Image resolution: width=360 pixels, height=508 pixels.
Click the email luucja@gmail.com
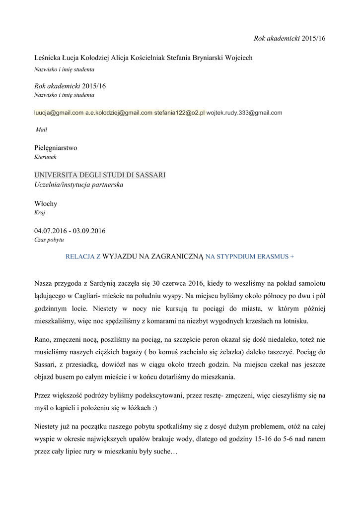tap(59, 113)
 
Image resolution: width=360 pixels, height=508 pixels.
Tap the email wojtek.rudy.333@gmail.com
tap(244, 113)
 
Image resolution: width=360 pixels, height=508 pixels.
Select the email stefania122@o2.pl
tap(179, 113)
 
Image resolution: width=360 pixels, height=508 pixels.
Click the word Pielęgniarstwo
tap(56, 148)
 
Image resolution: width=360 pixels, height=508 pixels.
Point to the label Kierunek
tap(45, 157)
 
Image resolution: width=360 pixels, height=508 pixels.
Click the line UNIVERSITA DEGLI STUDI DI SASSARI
tap(100, 176)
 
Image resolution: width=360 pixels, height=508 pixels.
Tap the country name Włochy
tap(46, 203)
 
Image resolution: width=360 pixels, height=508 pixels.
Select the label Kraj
tap(40, 212)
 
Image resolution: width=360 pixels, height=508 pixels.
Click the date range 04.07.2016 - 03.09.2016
tap(70, 231)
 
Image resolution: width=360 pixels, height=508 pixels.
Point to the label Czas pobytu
tap(49, 240)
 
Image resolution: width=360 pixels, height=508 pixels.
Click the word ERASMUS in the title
tap(273, 257)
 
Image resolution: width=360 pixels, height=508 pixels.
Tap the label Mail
tap(41, 129)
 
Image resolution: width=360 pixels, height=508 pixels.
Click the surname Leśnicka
tap(49, 58)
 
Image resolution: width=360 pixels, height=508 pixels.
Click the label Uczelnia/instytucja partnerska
tap(78, 185)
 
